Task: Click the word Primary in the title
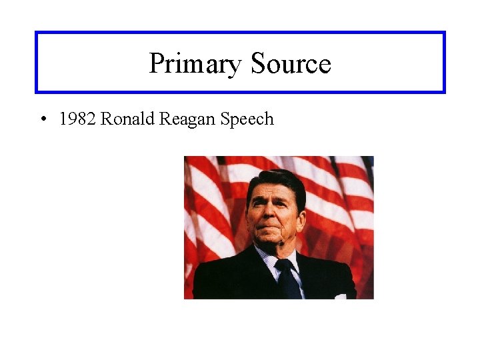pos(195,64)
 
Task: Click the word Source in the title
pos(291,64)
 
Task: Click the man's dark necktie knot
pos(284,265)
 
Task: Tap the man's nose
pos(275,219)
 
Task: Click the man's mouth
pos(275,233)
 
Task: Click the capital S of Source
pos(259,64)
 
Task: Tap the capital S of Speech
pos(225,119)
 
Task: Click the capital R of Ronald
pos(107,119)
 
